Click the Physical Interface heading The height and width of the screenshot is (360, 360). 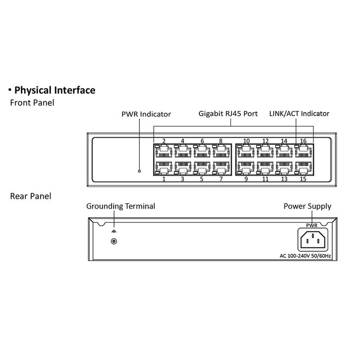[55, 90]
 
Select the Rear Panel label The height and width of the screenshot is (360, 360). [30, 196]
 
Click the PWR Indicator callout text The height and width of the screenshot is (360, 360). [146, 114]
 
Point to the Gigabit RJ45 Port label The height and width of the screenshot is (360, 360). [228, 114]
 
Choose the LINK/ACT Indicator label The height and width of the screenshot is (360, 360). [299, 114]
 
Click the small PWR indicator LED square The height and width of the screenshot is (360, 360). [139, 172]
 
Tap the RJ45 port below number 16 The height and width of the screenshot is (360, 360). [303, 151]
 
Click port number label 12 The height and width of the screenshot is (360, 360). [265, 141]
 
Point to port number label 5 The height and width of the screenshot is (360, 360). [202, 179]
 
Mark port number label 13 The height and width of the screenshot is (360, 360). [284, 179]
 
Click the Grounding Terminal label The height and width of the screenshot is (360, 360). [120, 206]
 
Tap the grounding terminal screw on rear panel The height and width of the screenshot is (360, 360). [115, 241]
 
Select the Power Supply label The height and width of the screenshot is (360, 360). [307, 206]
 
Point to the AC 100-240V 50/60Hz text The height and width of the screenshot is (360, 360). [304, 256]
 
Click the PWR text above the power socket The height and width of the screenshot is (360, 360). [311, 226]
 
